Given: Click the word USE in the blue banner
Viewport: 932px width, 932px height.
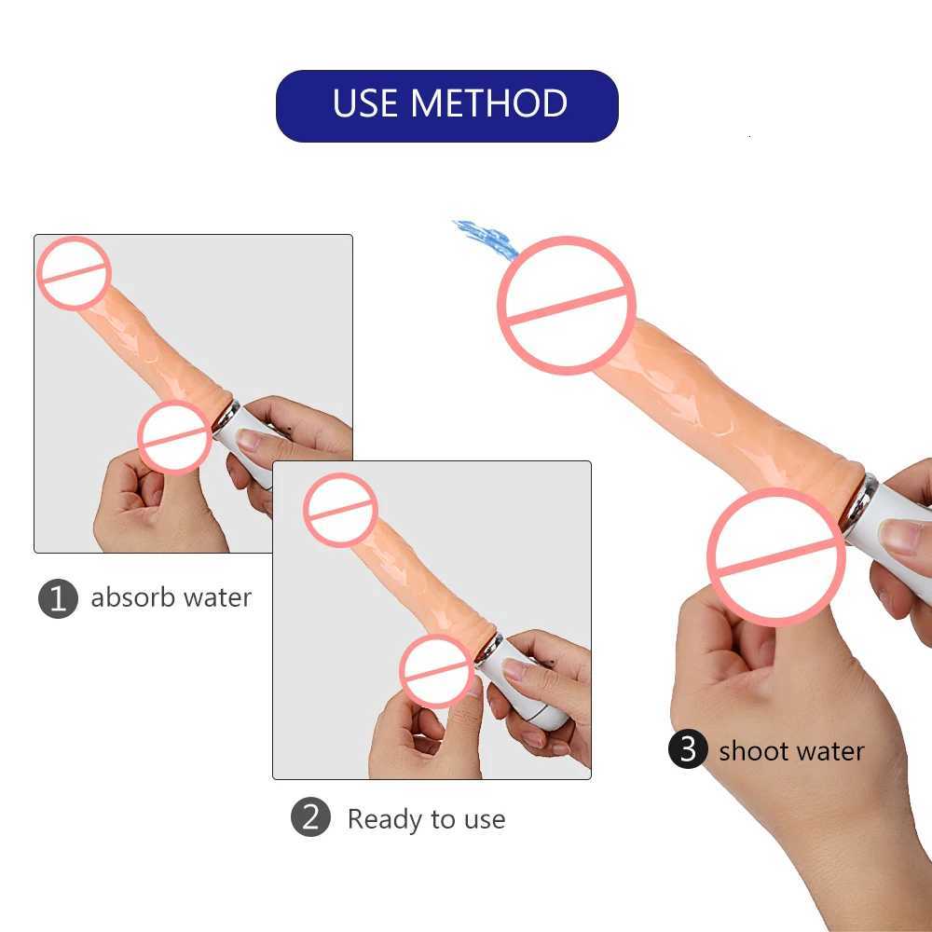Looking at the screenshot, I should [367, 103].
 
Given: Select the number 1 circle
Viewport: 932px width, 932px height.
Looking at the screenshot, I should [58, 598].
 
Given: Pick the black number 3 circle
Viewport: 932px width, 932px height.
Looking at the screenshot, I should [688, 750].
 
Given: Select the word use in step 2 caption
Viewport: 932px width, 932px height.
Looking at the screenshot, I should [482, 820].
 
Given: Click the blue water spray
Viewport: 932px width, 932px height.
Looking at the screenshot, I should [487, 239].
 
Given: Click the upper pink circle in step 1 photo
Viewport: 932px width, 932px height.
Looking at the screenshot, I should [74, 273].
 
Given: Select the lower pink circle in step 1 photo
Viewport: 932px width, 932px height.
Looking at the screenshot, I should [175, 436].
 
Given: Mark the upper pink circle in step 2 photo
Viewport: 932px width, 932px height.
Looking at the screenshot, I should [340, 509].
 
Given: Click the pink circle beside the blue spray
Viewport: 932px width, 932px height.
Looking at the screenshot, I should [567, 305].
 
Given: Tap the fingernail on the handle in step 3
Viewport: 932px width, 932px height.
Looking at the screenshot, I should [899, 537].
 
